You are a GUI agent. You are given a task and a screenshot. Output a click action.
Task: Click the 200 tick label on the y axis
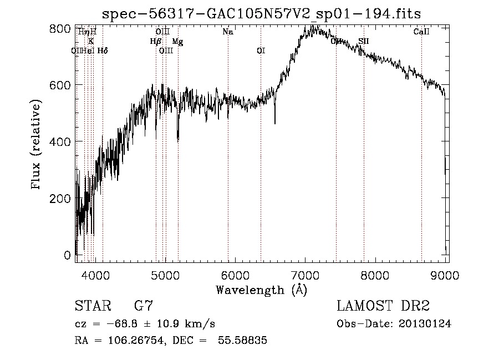click(x=62, y=198)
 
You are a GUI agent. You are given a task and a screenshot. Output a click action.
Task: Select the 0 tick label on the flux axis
click(x=67, y=255)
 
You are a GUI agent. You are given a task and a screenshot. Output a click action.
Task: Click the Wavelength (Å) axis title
click(x=261, y=289)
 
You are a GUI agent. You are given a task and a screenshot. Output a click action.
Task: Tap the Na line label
click(x=228, y=32)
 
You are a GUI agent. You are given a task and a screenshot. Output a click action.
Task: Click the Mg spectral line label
click(x=176, y=41)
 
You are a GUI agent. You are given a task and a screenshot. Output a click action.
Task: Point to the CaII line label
click(x=421, y=32)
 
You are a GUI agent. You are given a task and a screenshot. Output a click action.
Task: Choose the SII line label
click(x=363, y=41)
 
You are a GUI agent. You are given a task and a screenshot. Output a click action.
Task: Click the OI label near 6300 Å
click(x=261, y=50)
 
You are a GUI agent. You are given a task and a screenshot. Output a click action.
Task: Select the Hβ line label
click(x=156, y=41)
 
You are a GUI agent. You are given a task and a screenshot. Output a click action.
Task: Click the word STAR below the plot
click(x=92, y=306)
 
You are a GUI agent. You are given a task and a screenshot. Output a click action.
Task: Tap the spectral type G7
click(x=144, y=306)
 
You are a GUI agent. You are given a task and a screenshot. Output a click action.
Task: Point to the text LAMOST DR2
click(x=383, y=306)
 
